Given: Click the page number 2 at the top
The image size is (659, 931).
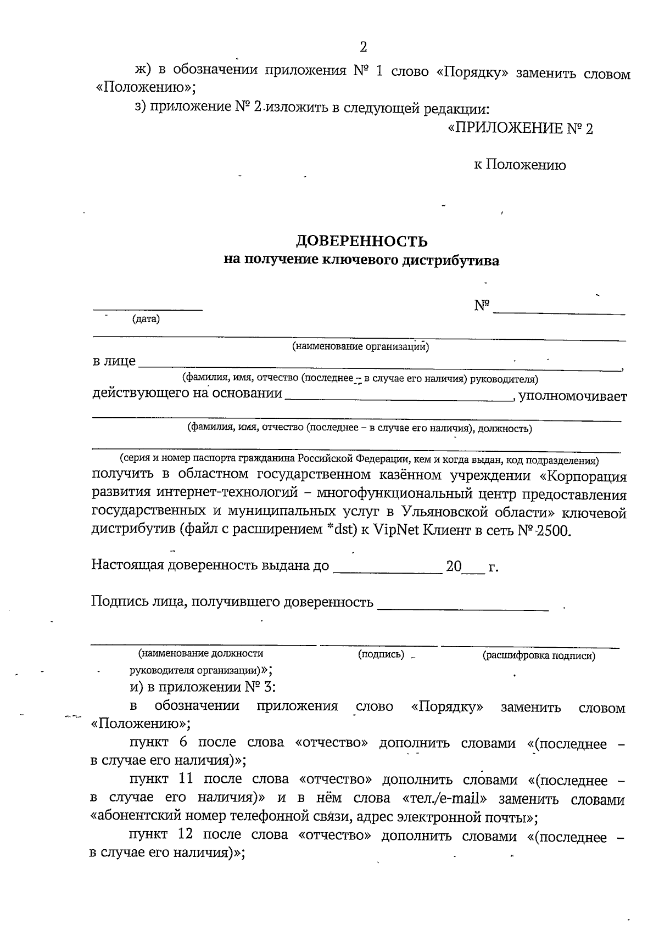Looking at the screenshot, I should tap(363, 47).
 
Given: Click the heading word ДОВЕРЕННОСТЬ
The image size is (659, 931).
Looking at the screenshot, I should tap(362, 241).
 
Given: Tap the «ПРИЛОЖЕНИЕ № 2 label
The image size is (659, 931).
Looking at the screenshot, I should tap(520, 129).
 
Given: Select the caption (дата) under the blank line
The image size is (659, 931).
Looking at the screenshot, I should tap(146, 319).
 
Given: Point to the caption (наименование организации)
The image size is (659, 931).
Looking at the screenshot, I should tap(360, 346).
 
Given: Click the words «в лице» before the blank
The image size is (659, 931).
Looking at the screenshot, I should tap(114, 362).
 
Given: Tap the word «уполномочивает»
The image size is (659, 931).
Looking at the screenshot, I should tap(573, 396).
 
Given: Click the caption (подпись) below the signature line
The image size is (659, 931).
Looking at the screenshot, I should tap(381, 654).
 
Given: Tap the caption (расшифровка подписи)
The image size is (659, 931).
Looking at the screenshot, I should tap(539, 655).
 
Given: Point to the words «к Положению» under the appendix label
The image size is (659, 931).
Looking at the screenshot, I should tap(520, 165).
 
